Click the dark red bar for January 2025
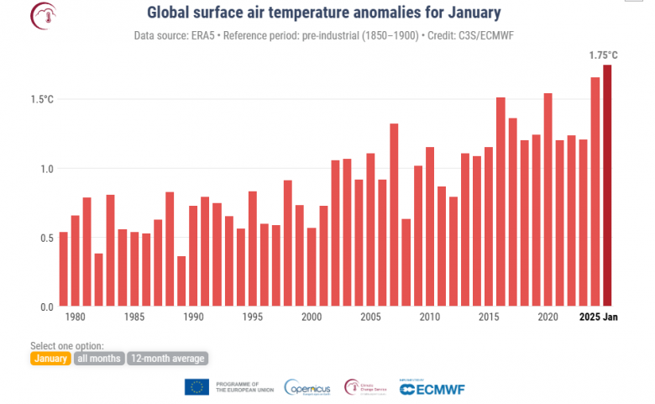tap(607, 186)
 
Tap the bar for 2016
tap(500, 202)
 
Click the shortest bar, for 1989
tap(181, 281)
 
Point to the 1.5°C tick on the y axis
tap(41, 99)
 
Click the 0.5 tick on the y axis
tap(45, 238)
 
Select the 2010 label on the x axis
tap(429, 317)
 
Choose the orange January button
tap(50, 359)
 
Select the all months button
tap(99, 359)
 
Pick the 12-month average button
tap(167, 359)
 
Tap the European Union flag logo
tap(196, 387)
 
